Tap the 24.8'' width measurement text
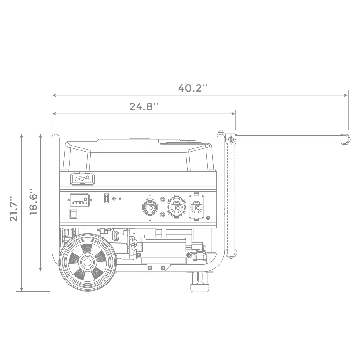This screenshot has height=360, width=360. point(145,107)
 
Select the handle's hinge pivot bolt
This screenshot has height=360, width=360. point(231,139)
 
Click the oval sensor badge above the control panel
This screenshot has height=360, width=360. point(82,179)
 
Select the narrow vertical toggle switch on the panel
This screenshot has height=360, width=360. point(106,198)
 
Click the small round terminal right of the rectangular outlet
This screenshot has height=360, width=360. point(208,218)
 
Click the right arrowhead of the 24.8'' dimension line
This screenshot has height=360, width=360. point(233,114)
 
